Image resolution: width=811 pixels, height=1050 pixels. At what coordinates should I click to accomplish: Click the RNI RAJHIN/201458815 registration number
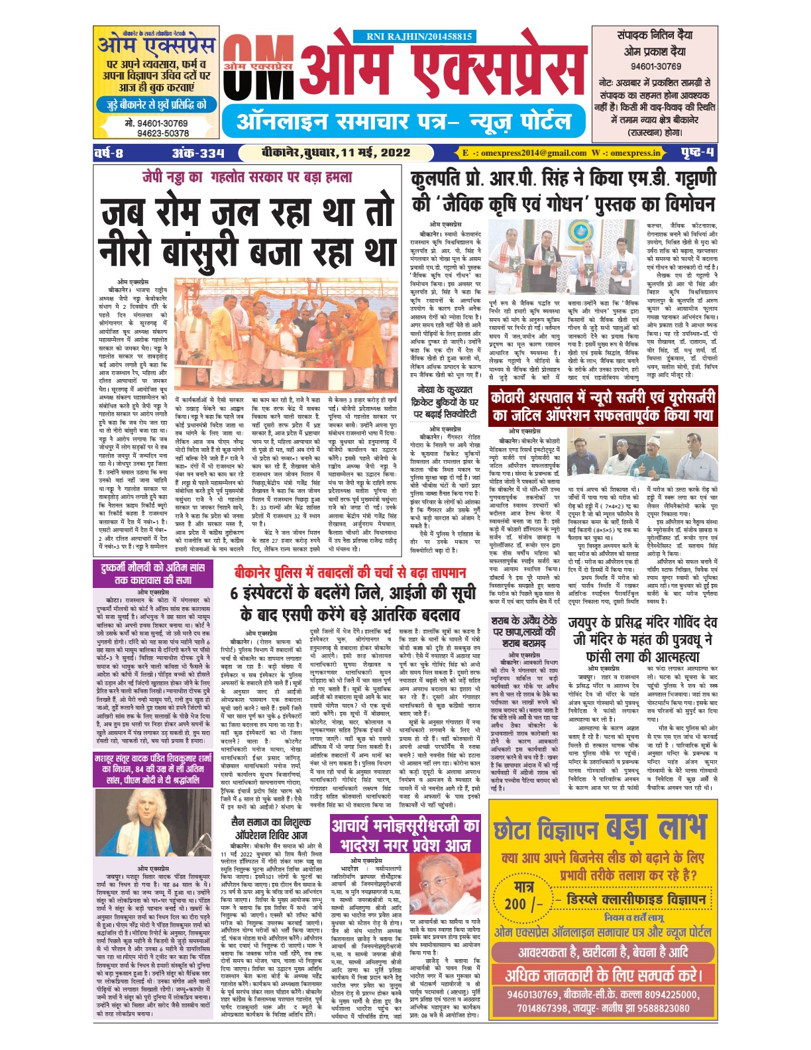click(x=419, y=37)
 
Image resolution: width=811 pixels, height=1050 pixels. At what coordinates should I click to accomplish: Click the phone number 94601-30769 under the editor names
click(x=656, y=66)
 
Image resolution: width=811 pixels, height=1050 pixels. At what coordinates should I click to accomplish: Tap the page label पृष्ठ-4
click(x=697, y=152)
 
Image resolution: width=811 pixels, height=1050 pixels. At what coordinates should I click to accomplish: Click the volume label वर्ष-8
click(x=109, y=152)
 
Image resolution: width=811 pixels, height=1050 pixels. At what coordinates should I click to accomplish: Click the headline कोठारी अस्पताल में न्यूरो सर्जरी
click(x=602, y=406)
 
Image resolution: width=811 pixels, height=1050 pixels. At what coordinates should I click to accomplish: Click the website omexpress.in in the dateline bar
click(x=635, y=152)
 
